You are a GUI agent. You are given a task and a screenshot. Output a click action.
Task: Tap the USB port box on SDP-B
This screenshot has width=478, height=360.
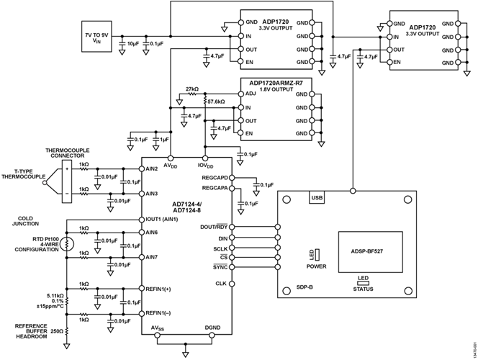pyautogui.click(x=317, y=197)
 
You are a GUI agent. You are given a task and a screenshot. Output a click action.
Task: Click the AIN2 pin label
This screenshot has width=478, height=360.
pyautogui.click(x=151, y=168)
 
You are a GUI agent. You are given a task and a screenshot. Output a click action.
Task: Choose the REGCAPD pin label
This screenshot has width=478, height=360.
pyautogui.click(x=215, y=177)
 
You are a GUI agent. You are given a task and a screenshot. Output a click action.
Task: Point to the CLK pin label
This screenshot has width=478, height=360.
pyautogui.click(x=222, y=284)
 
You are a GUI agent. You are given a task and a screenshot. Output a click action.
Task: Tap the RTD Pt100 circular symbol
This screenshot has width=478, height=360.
pyautogui.click(x=67, y=243)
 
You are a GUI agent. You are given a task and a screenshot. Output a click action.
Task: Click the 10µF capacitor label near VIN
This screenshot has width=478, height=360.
pyautogui.click(x=132, y=45)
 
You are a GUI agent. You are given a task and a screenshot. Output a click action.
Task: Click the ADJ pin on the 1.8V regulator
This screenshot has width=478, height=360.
pyautogui.click(x=250, y=94)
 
